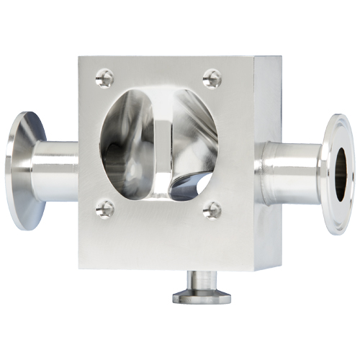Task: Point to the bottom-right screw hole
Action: (x=212, y=210)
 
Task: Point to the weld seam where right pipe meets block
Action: (x=261, y=169)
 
